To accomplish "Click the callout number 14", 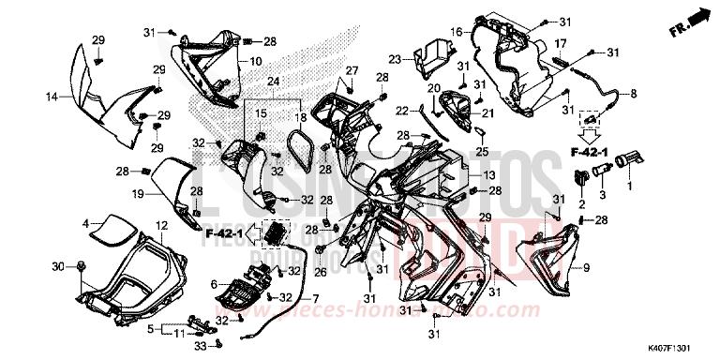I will [52, 97].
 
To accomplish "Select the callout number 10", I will [255, 62].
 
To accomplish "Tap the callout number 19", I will [137, 194].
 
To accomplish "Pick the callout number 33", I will [200, 347].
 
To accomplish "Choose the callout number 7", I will [315, 298].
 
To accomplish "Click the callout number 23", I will [396, 59].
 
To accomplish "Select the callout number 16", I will [457, 32].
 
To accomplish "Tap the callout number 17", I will [560, 44].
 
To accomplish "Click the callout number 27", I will [352, 71].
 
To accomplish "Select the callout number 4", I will [85, 223].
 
